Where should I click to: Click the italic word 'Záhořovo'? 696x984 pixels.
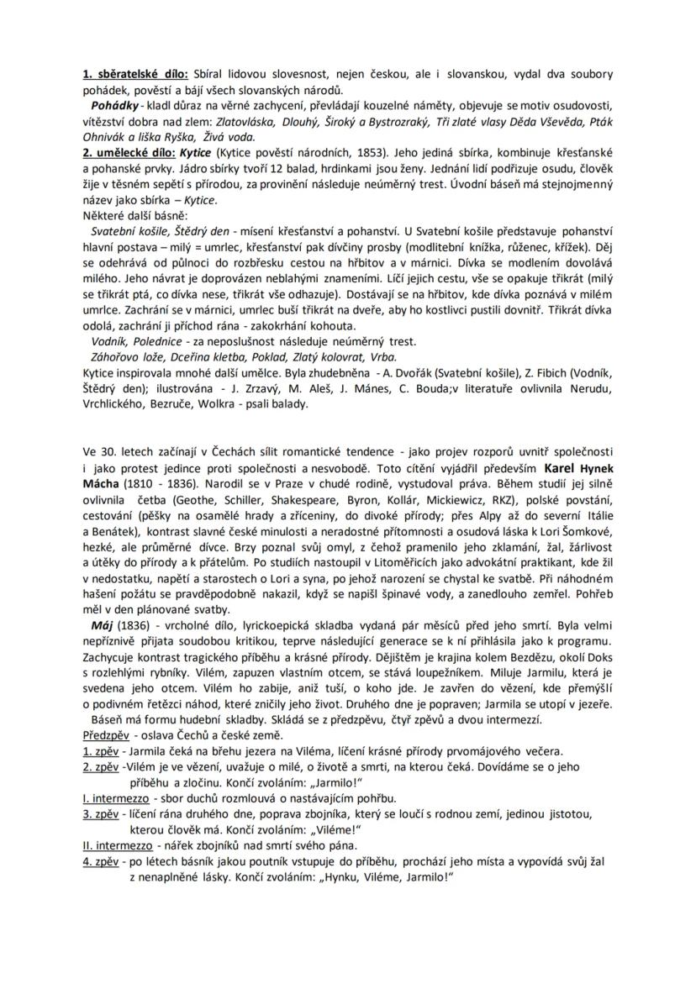pyautogui.click(x=116, y=355)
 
